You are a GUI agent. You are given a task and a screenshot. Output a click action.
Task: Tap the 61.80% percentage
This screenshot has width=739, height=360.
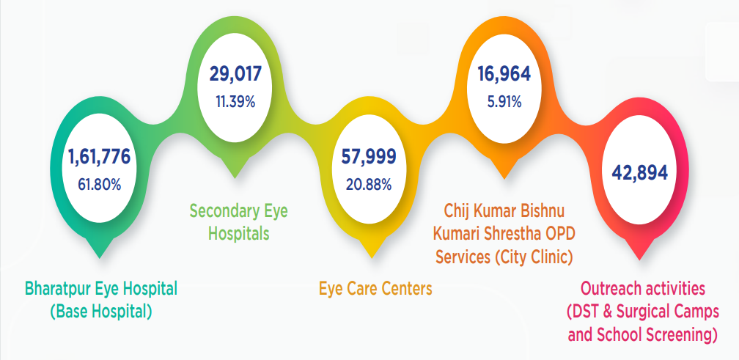(x=99, y=183)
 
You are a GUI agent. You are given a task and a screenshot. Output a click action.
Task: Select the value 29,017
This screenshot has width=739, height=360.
(x=235, y=73)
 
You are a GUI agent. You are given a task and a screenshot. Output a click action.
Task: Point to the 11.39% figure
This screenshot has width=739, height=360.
(x=235, y=102)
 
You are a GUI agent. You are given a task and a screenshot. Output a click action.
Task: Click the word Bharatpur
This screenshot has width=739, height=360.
(x=59, y=287)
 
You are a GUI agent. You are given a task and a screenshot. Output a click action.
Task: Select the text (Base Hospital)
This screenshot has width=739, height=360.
(x=101, y=311)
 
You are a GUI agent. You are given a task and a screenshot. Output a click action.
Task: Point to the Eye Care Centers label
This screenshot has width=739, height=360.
(x=375, y=287)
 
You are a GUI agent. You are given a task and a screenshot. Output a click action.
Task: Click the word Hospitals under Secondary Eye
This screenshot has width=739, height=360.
(x=238, y=235)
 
